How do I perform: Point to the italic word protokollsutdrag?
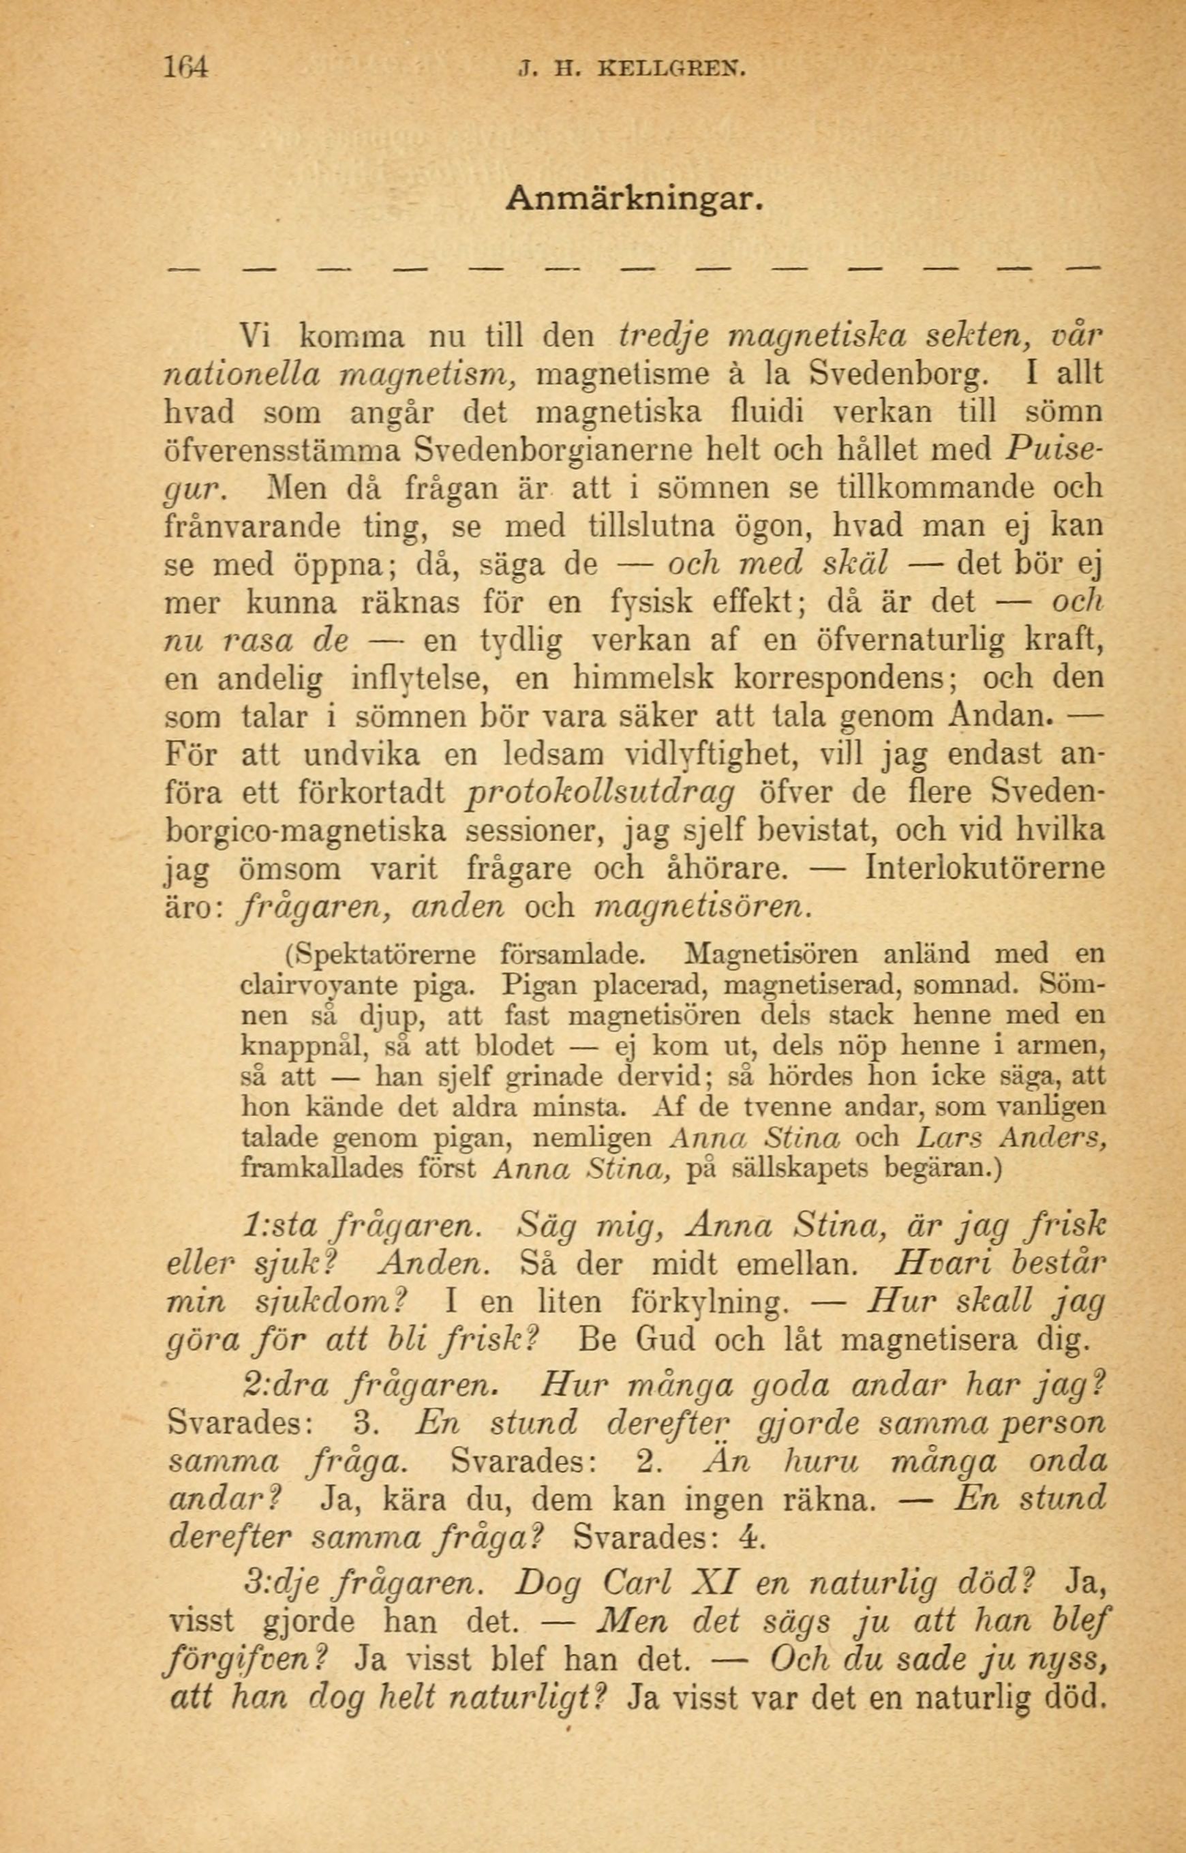[600, 792]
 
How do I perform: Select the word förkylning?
[708, 1302]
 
